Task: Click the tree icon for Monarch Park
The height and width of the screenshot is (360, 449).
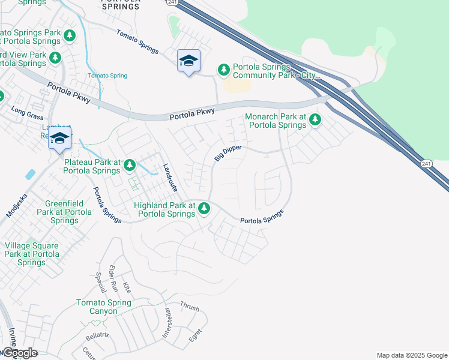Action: [x=315, y=121]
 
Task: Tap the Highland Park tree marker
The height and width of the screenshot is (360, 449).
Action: [x=205, y=208]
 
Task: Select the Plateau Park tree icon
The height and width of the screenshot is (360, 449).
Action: [x=129, y=166]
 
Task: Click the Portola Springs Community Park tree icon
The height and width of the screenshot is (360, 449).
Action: [x=224, y=70]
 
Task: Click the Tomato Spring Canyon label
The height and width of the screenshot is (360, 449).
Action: [x=103, y=307]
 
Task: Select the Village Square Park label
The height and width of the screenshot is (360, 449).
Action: [x=31, y=254]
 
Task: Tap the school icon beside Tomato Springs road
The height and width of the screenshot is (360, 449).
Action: [x=188, y=61]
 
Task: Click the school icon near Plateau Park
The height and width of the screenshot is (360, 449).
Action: [x=60, y=139]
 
